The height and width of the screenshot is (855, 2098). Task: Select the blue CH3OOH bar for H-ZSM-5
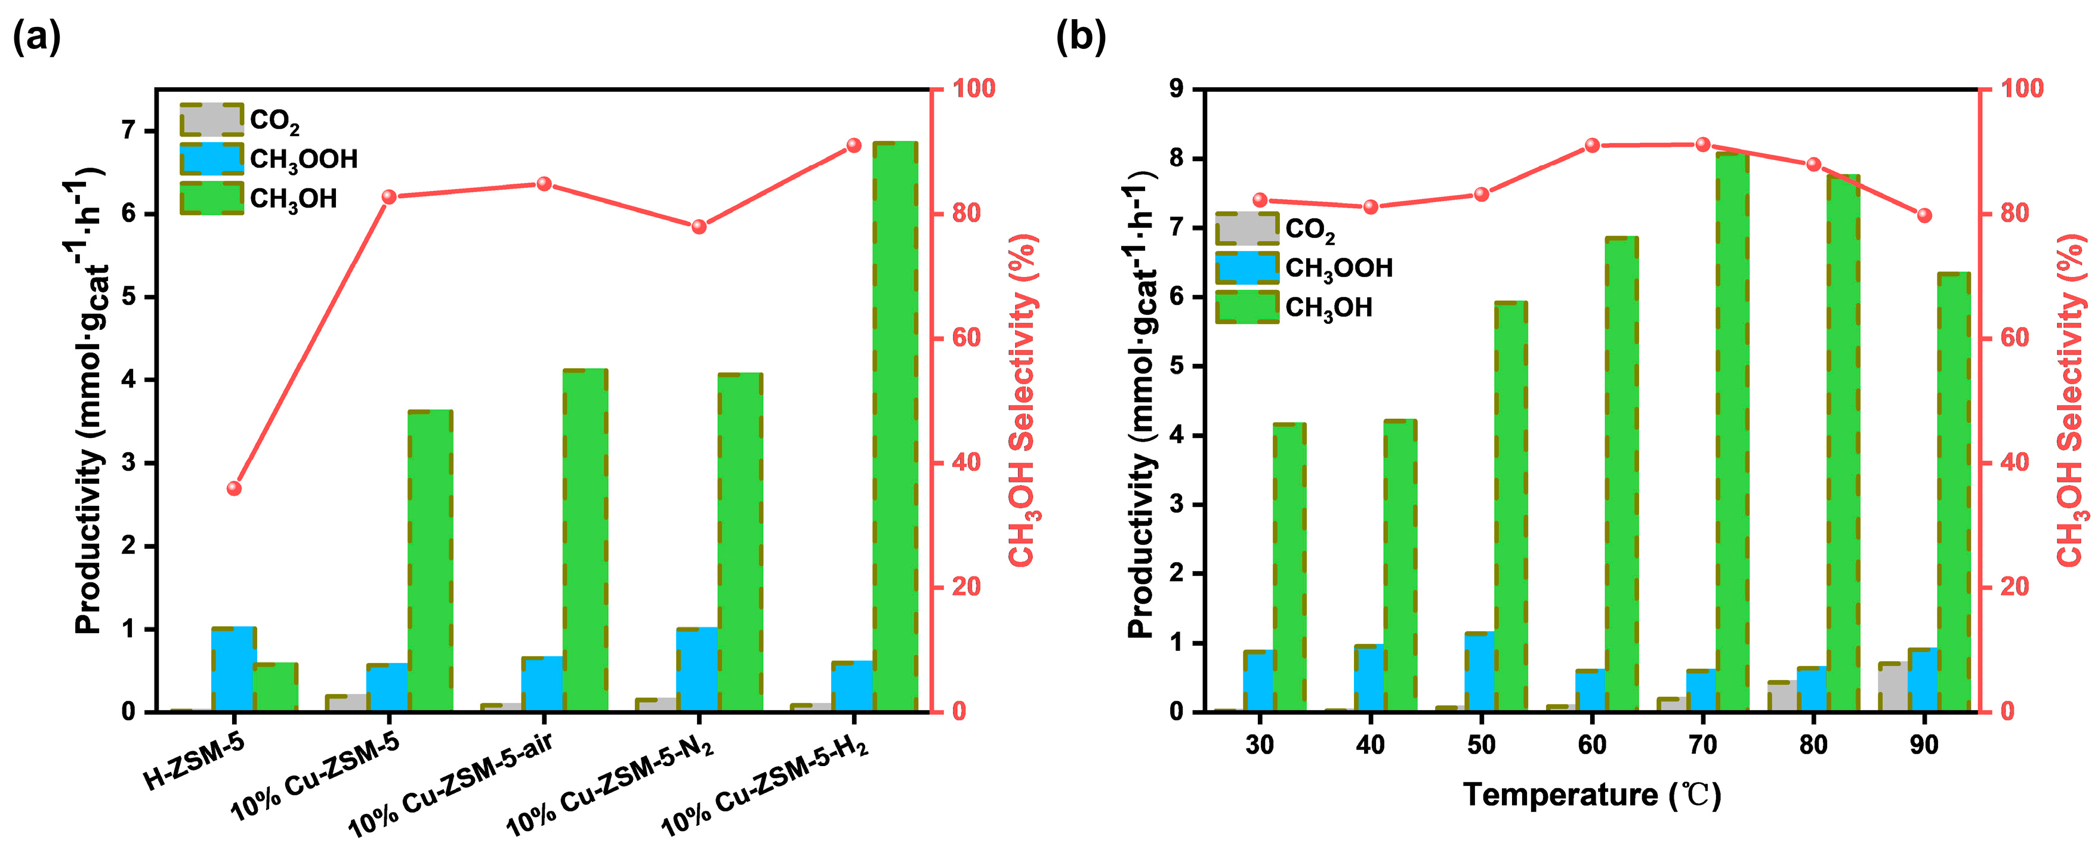pyautogui.click(x=234, y=669)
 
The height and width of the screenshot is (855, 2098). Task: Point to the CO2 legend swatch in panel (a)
pyautogui.click(x=211, y=120)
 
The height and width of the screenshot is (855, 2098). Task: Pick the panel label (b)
pyautogui.click(x=1081, y=36)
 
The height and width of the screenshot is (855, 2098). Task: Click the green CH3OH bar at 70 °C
pyautogui.click(x=1732, y=431)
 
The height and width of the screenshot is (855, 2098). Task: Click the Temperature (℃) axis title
pyautogui.click(x=1592, y=795)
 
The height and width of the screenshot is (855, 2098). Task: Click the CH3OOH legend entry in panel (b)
pyautogui.click(x=1338, y=268)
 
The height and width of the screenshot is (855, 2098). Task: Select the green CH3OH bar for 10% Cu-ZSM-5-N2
pyautogui.click(x=739, y=542)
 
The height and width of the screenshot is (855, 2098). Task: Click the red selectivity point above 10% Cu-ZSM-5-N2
pyautogui.click(x=699, y=226)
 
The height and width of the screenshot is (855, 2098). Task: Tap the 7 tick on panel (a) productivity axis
pyautogui.click(x=129, y=131)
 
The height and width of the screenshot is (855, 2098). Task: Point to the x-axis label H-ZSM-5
pyautogui.click(x=194, y=763)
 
